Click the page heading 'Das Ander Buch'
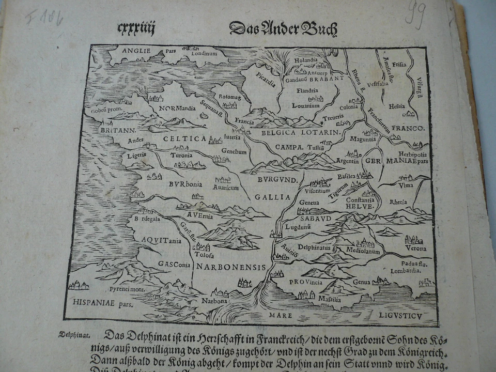click(x=283, y=28)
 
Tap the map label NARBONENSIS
click(x=231, y=267)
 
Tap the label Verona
click(x=416, y=249)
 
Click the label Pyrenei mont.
click(x=127, y=289)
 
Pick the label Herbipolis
click(x=412, y=154)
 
